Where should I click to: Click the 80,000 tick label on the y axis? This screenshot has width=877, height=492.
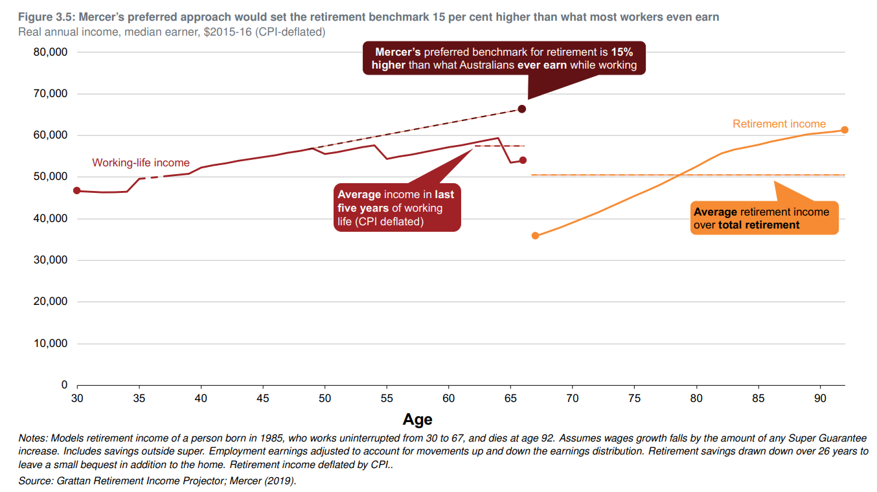(x=51, y=52)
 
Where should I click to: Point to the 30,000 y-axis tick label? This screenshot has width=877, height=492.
(x=51, y=260)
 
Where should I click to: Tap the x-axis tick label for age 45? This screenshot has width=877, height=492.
(x=263, y=398)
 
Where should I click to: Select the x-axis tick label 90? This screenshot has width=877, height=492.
(x=820, y=398)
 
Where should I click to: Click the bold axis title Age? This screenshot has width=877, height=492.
(x=417, y=419)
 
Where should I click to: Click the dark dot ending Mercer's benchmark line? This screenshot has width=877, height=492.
(x=522, y=109)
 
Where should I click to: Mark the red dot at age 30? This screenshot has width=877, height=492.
(x=77, y=191)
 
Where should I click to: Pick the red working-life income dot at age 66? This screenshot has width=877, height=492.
(x=523, y=160)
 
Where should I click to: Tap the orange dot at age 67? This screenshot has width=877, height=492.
(x=535, y=236)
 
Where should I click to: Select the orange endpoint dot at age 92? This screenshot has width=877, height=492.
(x=845, y=130)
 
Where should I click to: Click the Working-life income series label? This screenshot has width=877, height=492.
(x=141, y=163)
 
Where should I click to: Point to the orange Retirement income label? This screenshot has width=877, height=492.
(x=779, y=124)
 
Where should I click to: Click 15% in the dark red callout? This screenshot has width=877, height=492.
(x=622, y=52)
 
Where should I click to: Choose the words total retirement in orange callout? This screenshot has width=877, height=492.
(x=758, y=225)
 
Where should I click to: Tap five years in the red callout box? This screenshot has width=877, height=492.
(x=363, y=208)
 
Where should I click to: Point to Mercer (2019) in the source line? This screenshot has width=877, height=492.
(x=266, y=481)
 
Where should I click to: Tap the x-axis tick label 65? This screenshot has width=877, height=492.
(x=510, y=398)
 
